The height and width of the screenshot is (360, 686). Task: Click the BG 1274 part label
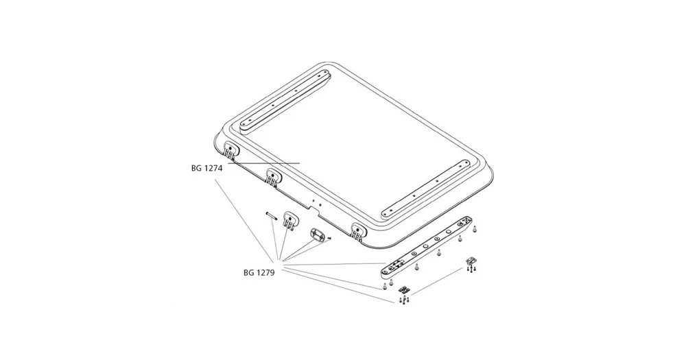pyautogui.click(x=206, y=169)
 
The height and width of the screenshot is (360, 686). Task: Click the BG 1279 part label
pyautogui.click(x=259, y=273)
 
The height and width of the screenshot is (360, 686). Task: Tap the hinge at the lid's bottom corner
pyautogui.click(x=359, y=230)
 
